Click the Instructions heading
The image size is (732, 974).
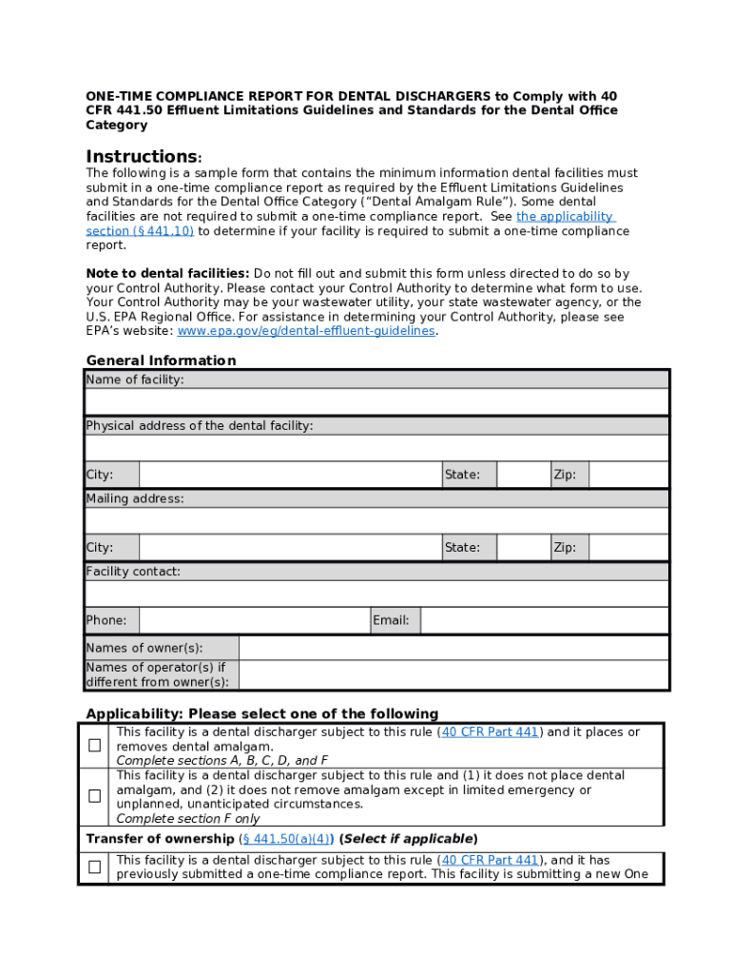143,156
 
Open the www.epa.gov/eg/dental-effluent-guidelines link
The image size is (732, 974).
306,331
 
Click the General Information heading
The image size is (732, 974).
161,360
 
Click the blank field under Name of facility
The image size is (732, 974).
376,402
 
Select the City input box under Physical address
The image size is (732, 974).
290,475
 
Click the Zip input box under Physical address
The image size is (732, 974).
628,475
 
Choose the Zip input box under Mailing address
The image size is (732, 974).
628,548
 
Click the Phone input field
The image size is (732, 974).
254,621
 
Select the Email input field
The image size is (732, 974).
545,621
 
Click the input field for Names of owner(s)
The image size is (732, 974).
453,649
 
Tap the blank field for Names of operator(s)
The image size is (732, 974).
453,675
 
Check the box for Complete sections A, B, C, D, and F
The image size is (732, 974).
95,746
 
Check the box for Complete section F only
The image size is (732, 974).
95,796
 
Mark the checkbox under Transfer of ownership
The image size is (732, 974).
95,867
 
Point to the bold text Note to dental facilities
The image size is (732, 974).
168,274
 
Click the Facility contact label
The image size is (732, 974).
133,572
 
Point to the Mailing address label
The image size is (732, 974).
135,499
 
